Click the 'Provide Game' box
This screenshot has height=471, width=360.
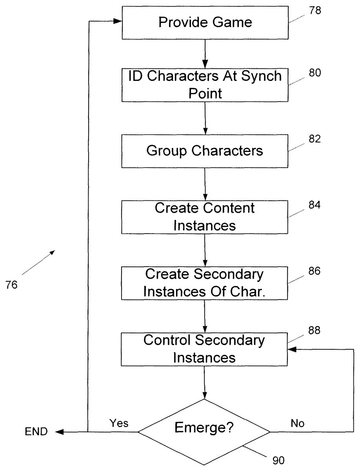tap(205, 22)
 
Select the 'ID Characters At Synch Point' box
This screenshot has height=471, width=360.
tap(205, 85)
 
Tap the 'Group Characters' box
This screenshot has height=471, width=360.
tap(205, 151)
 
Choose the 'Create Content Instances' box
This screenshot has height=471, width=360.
tap(205, 217)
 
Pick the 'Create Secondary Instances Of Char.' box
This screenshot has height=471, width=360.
tap(204, 283)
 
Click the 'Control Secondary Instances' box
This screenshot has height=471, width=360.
tap(204, 349)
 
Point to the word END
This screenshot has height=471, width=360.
tap(36, 432)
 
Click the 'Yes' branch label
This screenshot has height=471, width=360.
tap(119, 423)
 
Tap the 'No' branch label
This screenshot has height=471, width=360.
tap(297, 424)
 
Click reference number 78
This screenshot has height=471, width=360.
tap(315, 10)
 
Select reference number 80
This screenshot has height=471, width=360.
tap(315, 73)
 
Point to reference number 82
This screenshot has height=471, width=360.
tap(315, 139)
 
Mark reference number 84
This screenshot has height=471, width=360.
tap(315, 205)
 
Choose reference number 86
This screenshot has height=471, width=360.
tap(315, 271)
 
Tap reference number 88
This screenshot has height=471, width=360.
tap(315, 330)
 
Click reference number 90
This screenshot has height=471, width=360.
tap(278, 460)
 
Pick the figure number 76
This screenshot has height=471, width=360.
tap(11, 285)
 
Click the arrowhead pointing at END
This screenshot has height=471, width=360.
tap(59, 432)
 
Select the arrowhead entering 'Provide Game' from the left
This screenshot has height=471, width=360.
tap(118, 21)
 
